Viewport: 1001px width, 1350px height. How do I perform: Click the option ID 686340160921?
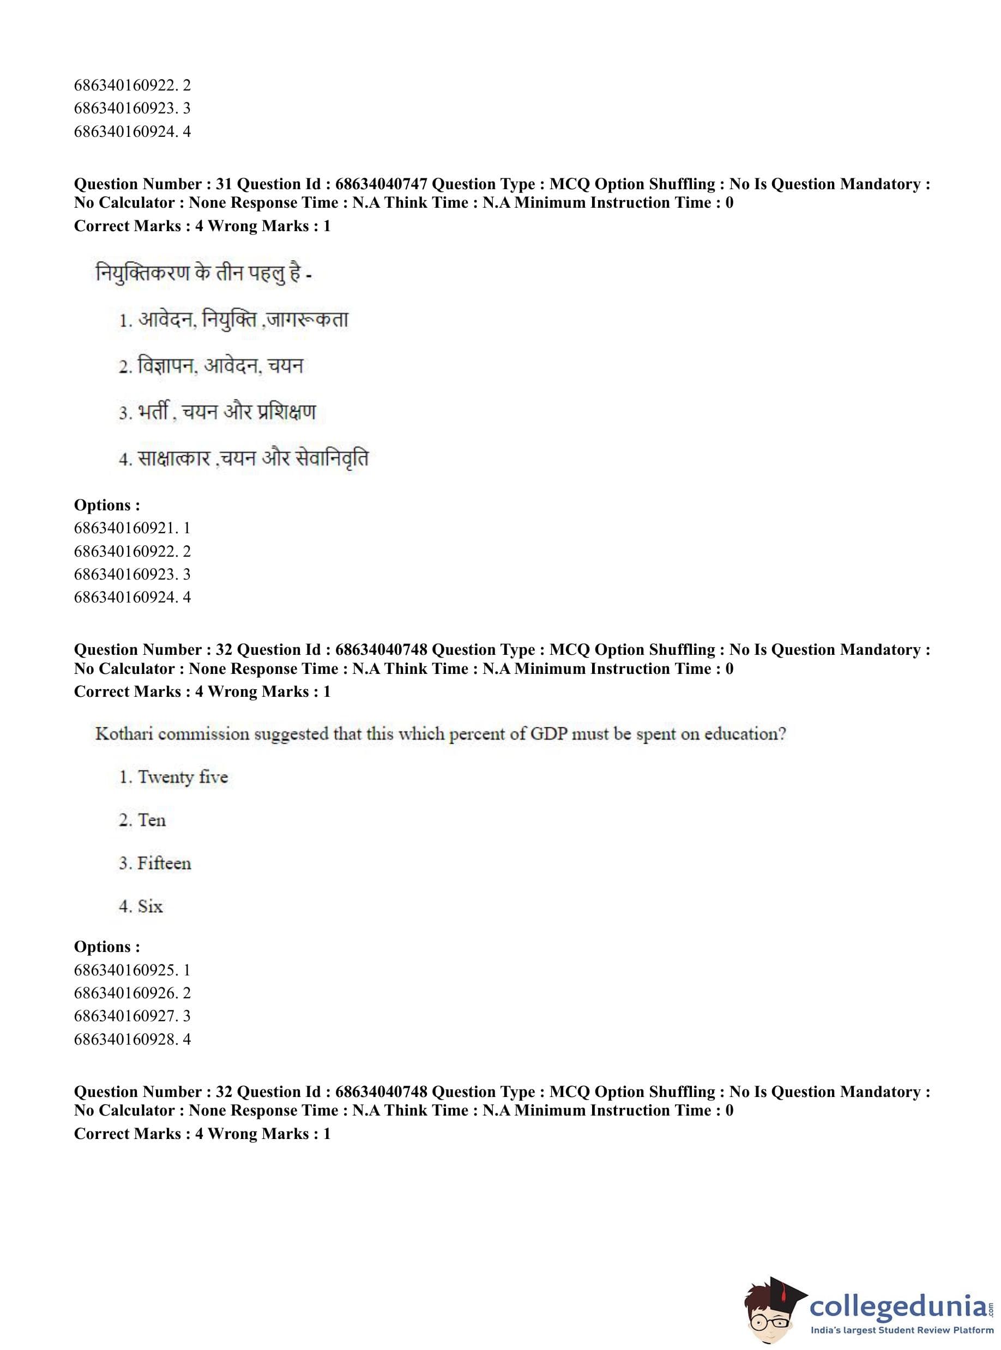(126, 528)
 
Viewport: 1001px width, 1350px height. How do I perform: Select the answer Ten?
(152, 821)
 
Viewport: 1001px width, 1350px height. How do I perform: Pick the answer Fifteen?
(164, 864)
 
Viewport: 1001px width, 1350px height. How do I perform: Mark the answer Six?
(150, 907)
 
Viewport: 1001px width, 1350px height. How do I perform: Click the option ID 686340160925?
(126, 970)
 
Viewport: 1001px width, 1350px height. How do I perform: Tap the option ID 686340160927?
(126, 1016)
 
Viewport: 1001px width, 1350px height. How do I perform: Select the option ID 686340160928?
(126, 1039)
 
